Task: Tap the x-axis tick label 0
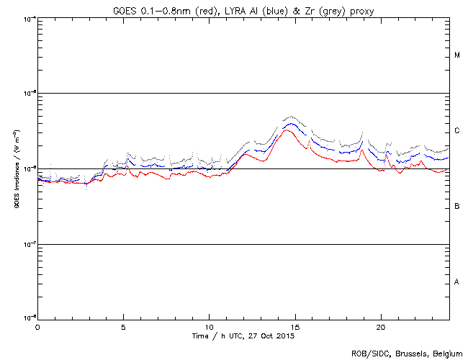coord(37,327)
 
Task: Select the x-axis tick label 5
coord(123,327)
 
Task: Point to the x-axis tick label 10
coord(209,327)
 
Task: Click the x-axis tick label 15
coord(294,327)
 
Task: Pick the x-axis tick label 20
coord(380,327)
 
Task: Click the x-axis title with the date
coord(243,336)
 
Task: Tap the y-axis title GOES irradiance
coord(14,169)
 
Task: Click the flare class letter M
coord(457,55)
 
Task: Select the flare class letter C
coord(457,131)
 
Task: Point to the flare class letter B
coord(457,207)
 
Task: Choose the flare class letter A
coord(457,282)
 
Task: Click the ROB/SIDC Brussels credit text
coord(406,353)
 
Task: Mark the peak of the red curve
coord(288,130)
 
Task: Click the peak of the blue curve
coord(289,124)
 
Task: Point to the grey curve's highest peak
coord(290,116)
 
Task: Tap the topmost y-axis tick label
coord(29,18)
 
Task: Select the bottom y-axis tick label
coord(29,318)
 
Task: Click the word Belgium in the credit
coord(446,353)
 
